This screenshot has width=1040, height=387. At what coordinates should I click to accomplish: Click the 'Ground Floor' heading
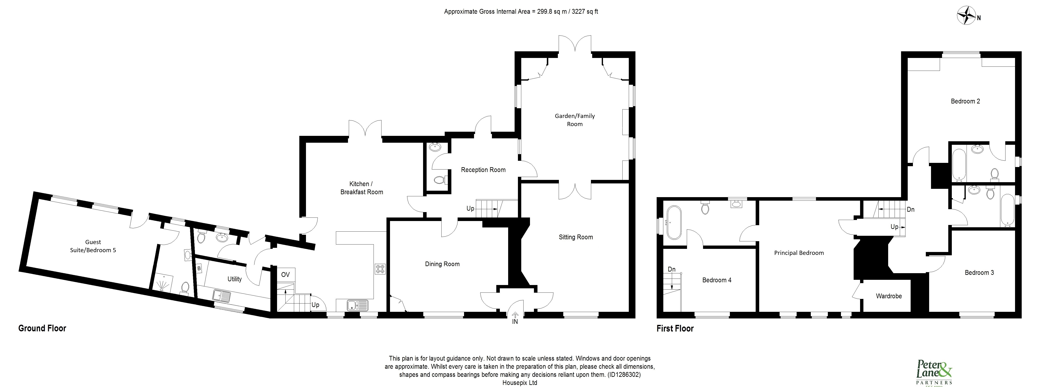point(42,328)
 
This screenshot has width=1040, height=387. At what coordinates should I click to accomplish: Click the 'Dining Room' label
point(442,264)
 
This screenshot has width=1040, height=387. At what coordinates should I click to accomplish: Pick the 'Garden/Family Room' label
point(574,120)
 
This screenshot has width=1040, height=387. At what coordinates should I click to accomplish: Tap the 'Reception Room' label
point(483,170)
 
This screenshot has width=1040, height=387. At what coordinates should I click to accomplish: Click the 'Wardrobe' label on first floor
point(889,296)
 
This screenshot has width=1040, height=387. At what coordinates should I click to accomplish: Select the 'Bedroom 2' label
point(965,101)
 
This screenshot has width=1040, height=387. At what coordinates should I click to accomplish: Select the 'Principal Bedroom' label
point(799,253)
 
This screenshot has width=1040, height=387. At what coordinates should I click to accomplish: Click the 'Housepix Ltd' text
point(520,383)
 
